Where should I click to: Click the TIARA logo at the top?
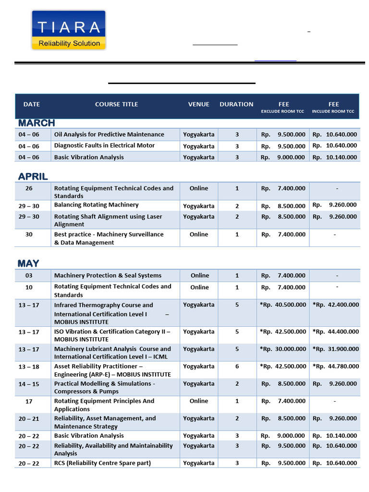pyautogui.click(x=69, y=30)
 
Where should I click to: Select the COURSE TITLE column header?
pyautogui.click(x=116, y=104)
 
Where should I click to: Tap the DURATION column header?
pyautogui.click(x=236, y=104)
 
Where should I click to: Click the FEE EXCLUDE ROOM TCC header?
pyautogui.click(x=283, y=107)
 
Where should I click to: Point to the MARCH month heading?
pyautogui.click(x=37, y=123)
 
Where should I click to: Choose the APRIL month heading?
pyautogui.click(x=33, y=177)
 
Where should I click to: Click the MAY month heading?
pyautogui.click(x=28, y=263)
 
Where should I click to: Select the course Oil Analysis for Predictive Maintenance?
pyautogui.click(x=109, y=135)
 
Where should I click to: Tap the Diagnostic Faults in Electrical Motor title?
pyautogui.click(x=104, y=146)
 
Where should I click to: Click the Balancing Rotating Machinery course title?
pyautogui.click(x=96, y=205)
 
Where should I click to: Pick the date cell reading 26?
pyautogui.click(x=29, y=188)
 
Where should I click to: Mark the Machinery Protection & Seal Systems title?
pyautogui.click(x=108, y=276)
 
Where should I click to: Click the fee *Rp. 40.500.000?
pyautogui.click(x=283, y=305)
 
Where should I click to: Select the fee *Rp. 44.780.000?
pyautogui.click(x=335, y=367)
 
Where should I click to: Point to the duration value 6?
pyautogui.click(x=237, y=367)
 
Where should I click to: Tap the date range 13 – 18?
pyautogui.click(x=29, y=367)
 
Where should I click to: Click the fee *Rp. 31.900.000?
pyautogui.click(x=335, y=349)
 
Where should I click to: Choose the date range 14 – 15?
pyautogui.click(x=29, y=384)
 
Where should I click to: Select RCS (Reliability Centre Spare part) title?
pyautogui.click(x=102, y=463)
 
